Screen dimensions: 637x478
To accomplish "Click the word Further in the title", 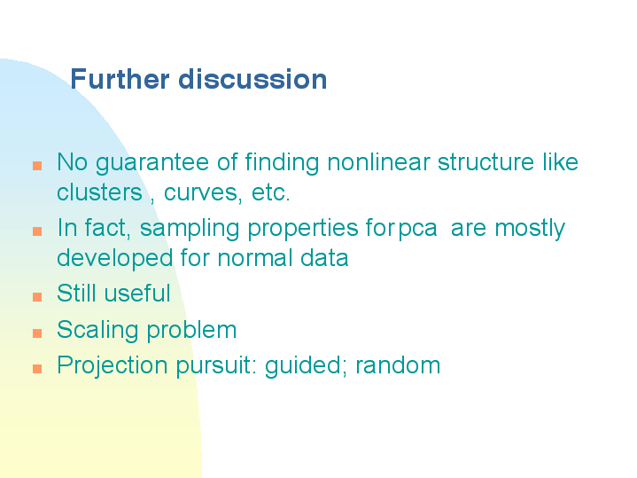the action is point(120,79).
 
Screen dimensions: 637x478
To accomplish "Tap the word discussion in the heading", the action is point(252,79).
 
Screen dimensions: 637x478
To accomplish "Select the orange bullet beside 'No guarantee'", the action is point(37,166).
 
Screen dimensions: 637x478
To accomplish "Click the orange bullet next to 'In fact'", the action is point(37,231).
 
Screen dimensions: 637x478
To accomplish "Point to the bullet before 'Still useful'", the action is point(37,296).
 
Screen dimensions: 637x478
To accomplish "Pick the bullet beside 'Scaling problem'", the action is point(37,333).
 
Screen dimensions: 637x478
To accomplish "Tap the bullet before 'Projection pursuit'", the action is point(37,369).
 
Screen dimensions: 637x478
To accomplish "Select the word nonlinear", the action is point(378,162).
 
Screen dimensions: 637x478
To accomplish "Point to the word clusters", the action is point(99,192).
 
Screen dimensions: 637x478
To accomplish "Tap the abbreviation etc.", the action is point(270,192).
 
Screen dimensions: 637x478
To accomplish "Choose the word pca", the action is point(417,230).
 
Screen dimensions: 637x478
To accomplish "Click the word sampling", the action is point(190,229).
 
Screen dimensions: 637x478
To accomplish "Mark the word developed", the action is point(115,259).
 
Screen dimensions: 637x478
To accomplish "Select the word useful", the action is point(137,293).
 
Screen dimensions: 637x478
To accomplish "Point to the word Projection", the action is point(113,365).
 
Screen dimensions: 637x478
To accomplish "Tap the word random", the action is point(398,364).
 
